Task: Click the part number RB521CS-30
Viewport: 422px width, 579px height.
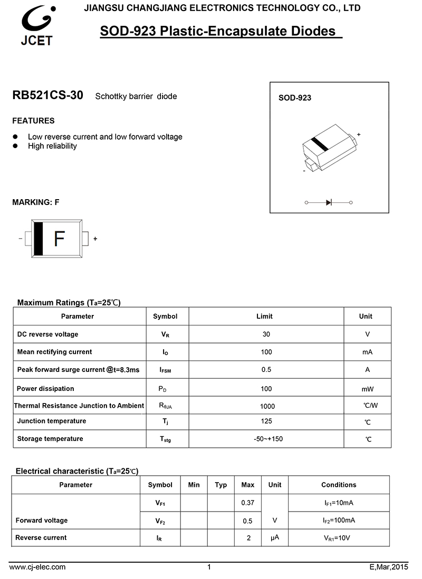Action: click(47, 96)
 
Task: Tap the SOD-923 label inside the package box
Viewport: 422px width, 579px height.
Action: click(294, 98)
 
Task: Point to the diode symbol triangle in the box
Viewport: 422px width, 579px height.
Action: click(329, 202)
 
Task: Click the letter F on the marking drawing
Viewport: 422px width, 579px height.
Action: click(59, 239)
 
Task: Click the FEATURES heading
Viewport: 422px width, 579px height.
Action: click(33, 121)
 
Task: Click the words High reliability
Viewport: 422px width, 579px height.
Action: click(52, 146)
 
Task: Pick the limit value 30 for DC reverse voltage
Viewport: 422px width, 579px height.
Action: click(266, 334)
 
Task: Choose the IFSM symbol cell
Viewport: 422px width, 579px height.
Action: click(166, 370)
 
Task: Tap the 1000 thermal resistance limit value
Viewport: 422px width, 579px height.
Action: click(267, 406)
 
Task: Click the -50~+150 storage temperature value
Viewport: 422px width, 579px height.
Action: click(268, 439)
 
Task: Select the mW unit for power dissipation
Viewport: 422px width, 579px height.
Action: click(367, 389)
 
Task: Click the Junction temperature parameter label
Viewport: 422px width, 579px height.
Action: click(51, 421)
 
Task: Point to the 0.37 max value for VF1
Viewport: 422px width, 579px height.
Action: click(247, 503)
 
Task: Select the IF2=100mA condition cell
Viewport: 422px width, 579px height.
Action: click(339, 521)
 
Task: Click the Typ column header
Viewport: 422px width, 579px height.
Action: click(221, 485)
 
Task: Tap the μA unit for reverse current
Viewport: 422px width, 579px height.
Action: click(274, 537)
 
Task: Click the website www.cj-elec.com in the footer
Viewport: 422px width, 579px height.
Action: click(37, 567)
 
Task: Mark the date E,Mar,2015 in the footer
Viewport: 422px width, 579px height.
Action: click(389, 567)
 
